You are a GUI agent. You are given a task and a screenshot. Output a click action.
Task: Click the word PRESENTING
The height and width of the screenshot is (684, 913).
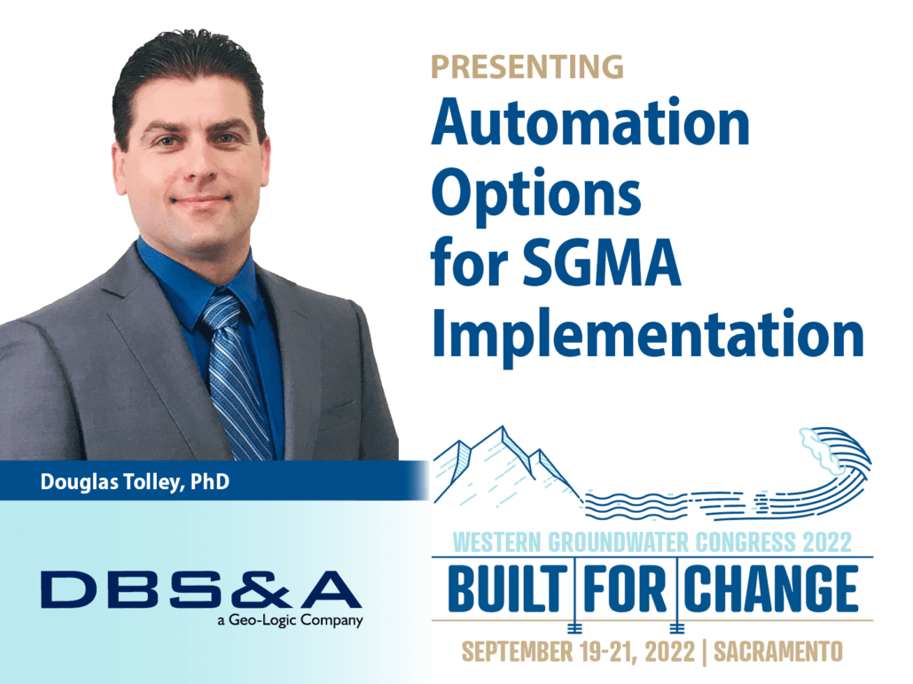coord(527,66)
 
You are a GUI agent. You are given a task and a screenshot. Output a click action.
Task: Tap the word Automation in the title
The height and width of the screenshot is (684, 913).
coord(590,123)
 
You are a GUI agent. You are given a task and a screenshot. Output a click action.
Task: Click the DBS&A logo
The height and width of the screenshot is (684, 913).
coord(199,589)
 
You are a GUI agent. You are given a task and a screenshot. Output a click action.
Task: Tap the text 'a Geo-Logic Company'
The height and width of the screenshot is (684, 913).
coord(289,620)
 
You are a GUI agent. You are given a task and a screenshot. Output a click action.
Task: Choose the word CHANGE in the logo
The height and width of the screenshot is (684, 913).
coord(773,589)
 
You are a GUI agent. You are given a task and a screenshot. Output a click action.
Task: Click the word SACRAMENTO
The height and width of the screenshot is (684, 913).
coord(780,651)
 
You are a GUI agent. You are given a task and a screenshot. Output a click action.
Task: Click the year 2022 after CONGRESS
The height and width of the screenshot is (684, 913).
coord(825,540)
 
